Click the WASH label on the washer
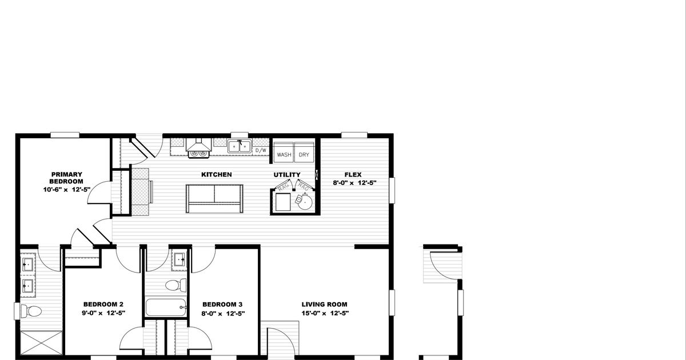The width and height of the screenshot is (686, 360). pos(284,155)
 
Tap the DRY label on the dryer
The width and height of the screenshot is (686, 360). pos(304,155)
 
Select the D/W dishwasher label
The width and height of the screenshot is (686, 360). pos(261,150)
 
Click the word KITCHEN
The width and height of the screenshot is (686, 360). pos(216,174)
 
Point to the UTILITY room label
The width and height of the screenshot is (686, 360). pos(286,174)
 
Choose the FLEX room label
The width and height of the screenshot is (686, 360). pos(353,174)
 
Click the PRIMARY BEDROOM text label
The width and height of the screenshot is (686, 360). pos(67,178)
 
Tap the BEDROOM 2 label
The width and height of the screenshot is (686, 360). pos(103,304)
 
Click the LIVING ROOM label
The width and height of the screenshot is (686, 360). pos(325,304)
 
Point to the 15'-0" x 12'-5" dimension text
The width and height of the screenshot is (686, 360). pos(325,313)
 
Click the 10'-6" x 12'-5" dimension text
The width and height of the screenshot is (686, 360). pos(67,189)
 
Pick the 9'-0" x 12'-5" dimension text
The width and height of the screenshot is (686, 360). pos(103,313)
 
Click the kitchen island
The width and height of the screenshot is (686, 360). pos(214,198)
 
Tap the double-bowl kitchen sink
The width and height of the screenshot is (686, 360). pos(240,146)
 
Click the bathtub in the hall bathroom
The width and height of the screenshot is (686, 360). pos(166,307)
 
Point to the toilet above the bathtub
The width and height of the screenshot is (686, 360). pos(175,285)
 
